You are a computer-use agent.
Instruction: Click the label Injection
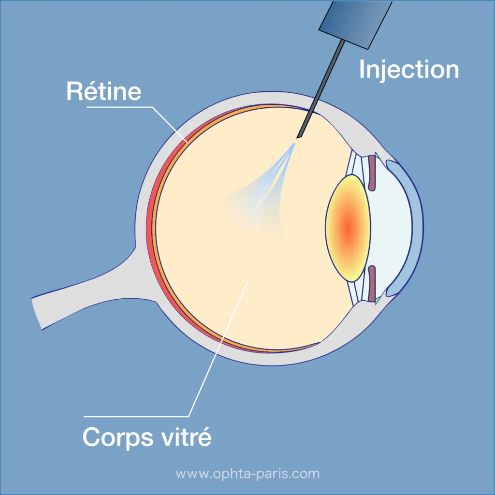pos(408,70)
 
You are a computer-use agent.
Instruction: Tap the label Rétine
pos(103,91)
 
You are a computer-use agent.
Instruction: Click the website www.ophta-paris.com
pos(247,473)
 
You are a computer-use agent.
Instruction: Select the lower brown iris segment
pos(372,283)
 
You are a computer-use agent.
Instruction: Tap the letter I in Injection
pos(362,70)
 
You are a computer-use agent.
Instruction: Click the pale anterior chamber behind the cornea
pos(392,227)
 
